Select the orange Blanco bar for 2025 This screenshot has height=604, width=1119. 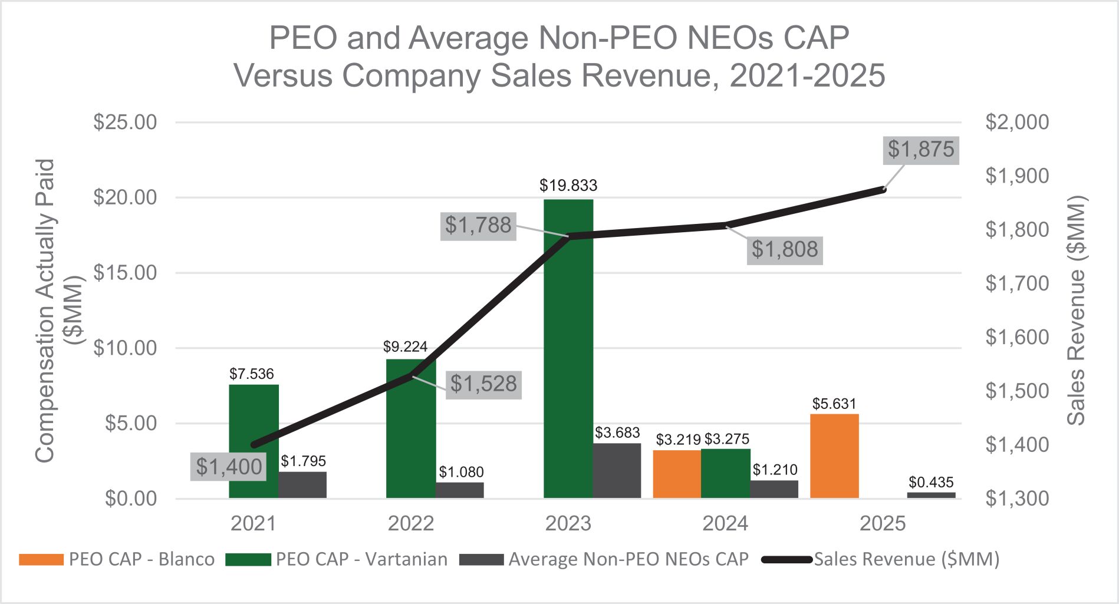[x=834, y=456]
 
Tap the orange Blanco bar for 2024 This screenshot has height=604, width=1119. [x=677, y=474]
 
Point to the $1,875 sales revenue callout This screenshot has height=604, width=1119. [x=921, y=150]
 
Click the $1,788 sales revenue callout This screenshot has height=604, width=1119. [x=478, y=226]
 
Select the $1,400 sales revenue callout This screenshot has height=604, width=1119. [x=229, y=467]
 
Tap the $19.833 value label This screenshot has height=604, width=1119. [x=568, y=186]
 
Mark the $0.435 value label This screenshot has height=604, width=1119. [x=931, y=483]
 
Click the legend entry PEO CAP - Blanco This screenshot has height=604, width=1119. [x=117, y=559]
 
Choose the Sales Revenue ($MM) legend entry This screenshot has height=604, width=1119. [x=881, y=559]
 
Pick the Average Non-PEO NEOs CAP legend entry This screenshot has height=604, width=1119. [x=604, y=559]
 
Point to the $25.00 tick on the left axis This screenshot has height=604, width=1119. [x=125, y=123]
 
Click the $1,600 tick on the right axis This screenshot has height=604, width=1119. [x=1017, y=338]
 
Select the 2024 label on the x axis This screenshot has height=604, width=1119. [x=725, y=524]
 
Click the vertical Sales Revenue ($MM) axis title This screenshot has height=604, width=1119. [x=1077, y=311]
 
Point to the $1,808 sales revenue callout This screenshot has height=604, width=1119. [x=785, y=250]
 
